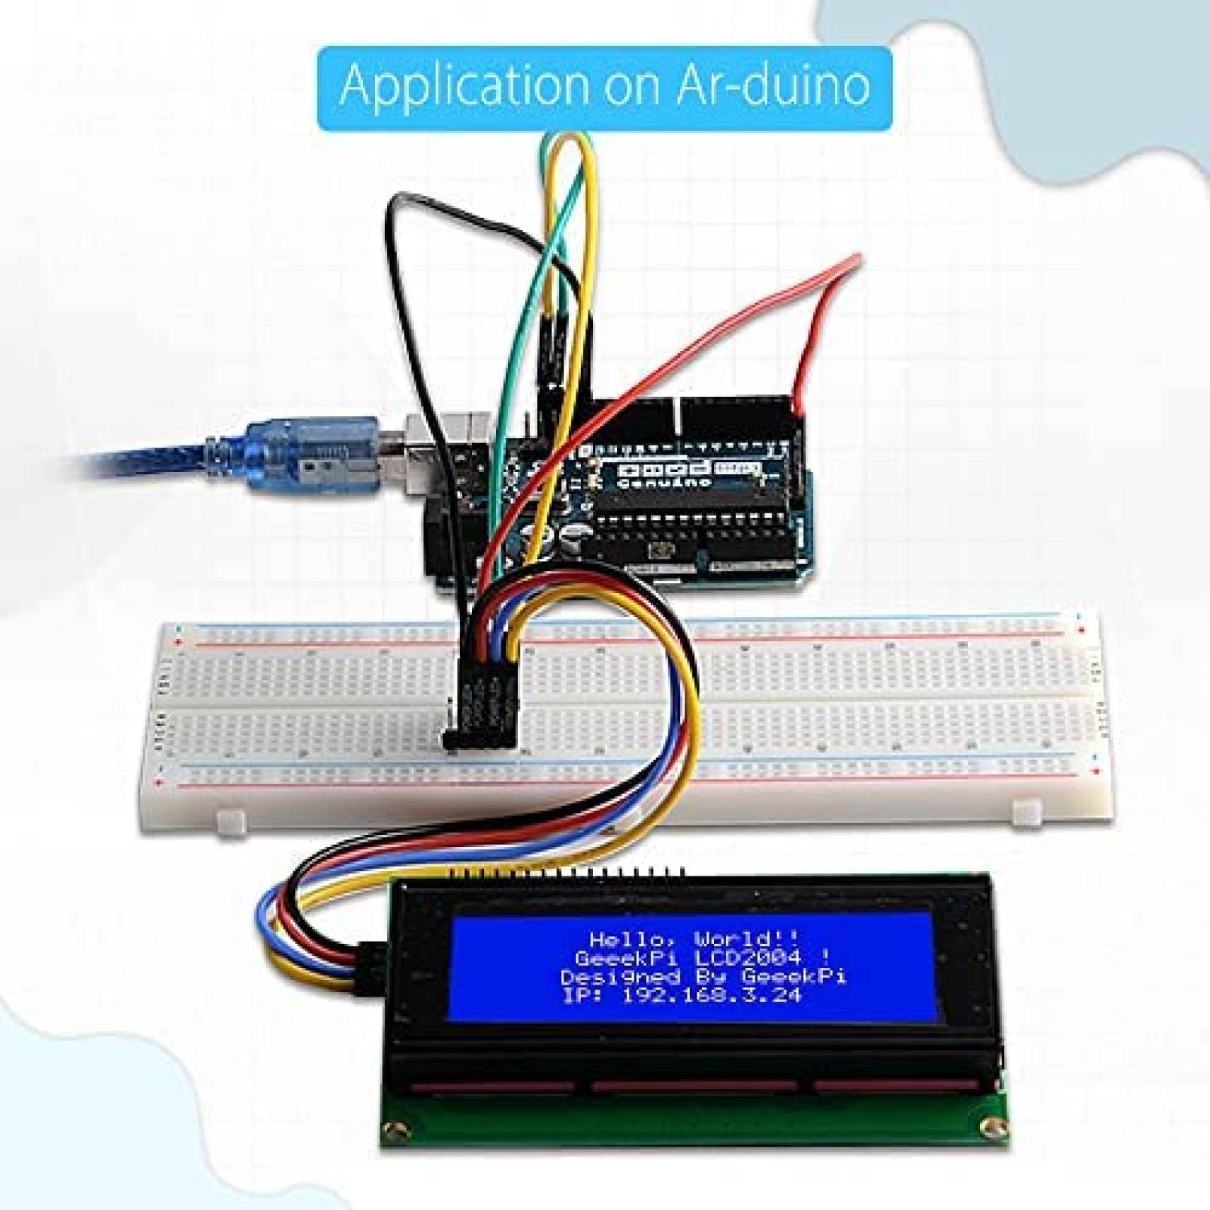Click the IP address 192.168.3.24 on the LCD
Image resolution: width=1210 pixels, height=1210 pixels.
[x=711, y=996]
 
